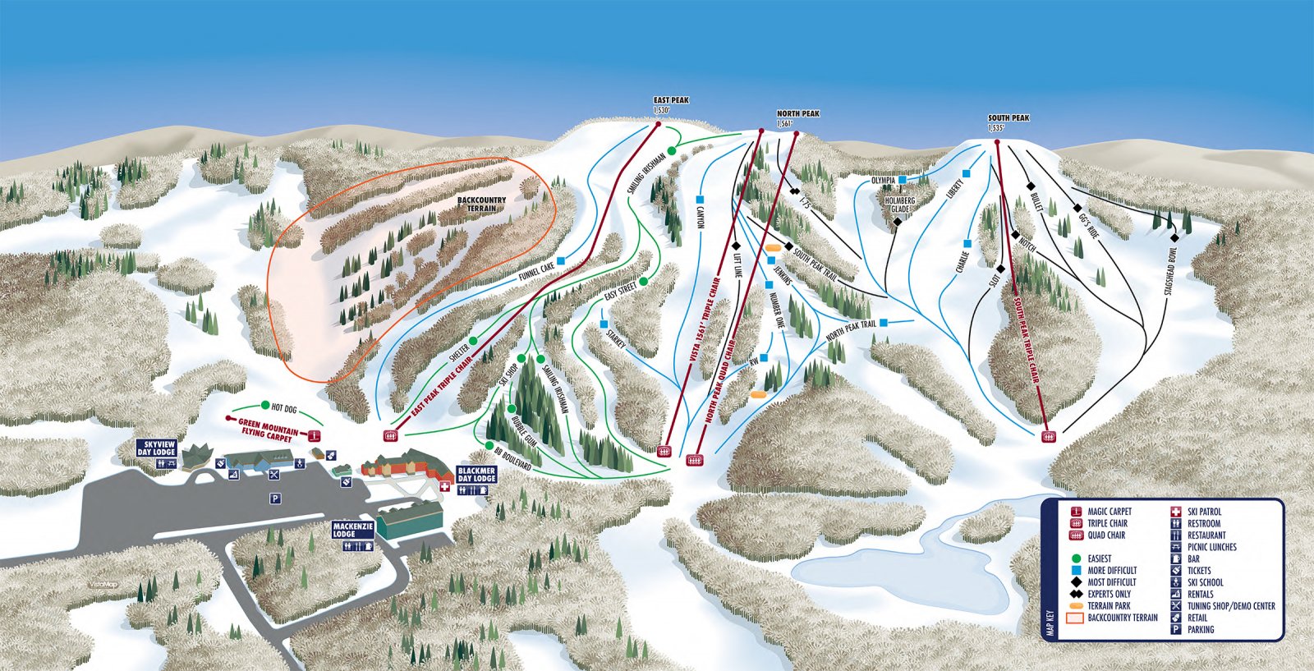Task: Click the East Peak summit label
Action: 671,101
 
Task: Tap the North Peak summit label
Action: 797,114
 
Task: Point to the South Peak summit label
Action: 1008,118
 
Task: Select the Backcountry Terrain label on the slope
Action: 481,204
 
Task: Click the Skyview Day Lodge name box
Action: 156,448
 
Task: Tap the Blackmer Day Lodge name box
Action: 476,474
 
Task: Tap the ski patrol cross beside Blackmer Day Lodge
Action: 446,487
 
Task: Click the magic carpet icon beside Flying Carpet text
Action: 313,435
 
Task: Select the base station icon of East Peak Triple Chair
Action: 391,435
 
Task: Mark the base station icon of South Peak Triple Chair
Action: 1047,436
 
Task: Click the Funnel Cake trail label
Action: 536,272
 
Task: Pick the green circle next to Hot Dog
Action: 264,406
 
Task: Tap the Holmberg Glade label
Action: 900,205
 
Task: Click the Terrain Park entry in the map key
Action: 1109,605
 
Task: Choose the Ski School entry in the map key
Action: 1205,582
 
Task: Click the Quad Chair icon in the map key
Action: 1075,535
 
